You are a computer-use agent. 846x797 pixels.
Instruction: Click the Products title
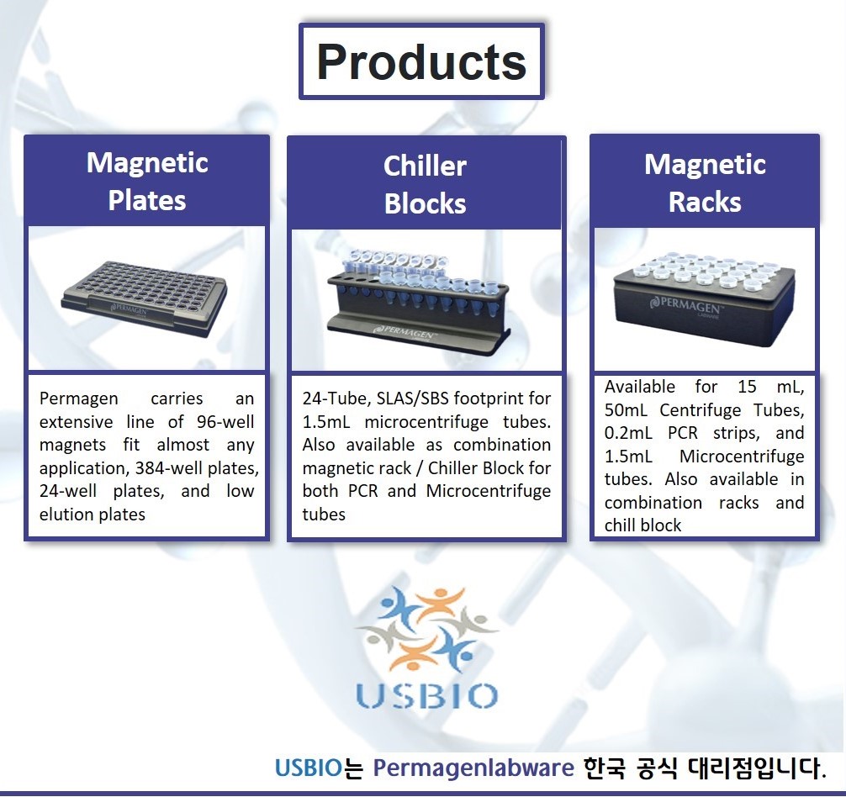[x=421, y=61]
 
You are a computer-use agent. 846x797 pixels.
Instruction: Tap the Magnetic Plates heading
[x=147, y=182]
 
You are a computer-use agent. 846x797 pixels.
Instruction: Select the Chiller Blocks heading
[x=426, y=184]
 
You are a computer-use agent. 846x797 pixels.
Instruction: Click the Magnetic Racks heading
[x=705, y=182]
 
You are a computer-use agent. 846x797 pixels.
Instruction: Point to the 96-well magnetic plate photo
[x=145, y=298]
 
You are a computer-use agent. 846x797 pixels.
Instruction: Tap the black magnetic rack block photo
[x=705, y=298]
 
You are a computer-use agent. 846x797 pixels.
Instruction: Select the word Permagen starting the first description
[x=79, y=398]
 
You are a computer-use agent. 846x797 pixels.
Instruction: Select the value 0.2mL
[x=628, y=433]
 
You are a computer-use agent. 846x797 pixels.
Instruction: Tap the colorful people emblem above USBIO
[x=426, y=630]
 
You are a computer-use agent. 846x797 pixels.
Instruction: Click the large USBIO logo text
[x=426, y=695]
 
